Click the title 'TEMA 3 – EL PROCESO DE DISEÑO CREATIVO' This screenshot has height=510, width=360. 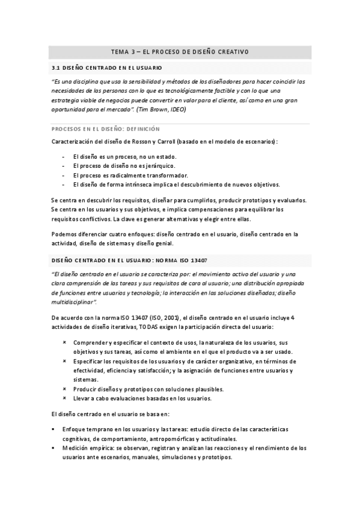click(x=180, y=52)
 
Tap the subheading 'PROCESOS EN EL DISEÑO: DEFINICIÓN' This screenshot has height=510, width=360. click(x=105, y=128)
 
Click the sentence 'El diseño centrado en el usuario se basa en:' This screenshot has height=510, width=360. click(x=110, y=414)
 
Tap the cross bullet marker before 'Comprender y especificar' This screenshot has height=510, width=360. click(x=64, y=342)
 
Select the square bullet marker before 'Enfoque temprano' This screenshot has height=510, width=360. click(x=54, y=429)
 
